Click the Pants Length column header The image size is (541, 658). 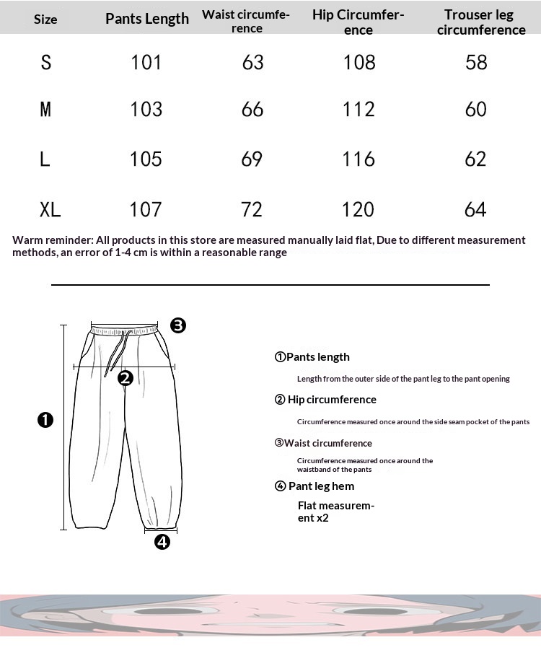pos(147,19)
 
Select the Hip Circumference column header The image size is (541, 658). pos(359,22)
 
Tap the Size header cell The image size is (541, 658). pos(45,19)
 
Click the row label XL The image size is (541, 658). pos(50,210)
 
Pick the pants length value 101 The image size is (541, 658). pos(146,63)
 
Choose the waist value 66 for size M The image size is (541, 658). pos(252,110)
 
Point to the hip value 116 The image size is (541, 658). pos(359,159)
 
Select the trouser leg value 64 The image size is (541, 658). pos(475,210)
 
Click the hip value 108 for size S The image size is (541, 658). pos(359,63)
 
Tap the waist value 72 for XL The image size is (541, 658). pos(252,210)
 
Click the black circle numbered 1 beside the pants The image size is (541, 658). pos(45,420)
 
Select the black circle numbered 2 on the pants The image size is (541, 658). pos(126,377)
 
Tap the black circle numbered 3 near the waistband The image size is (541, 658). pos(178,325)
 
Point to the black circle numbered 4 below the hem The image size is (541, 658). pos(162,542)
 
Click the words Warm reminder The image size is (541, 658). pos(52,240)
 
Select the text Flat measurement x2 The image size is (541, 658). pos(335,512)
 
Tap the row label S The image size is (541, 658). pos(46,63)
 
